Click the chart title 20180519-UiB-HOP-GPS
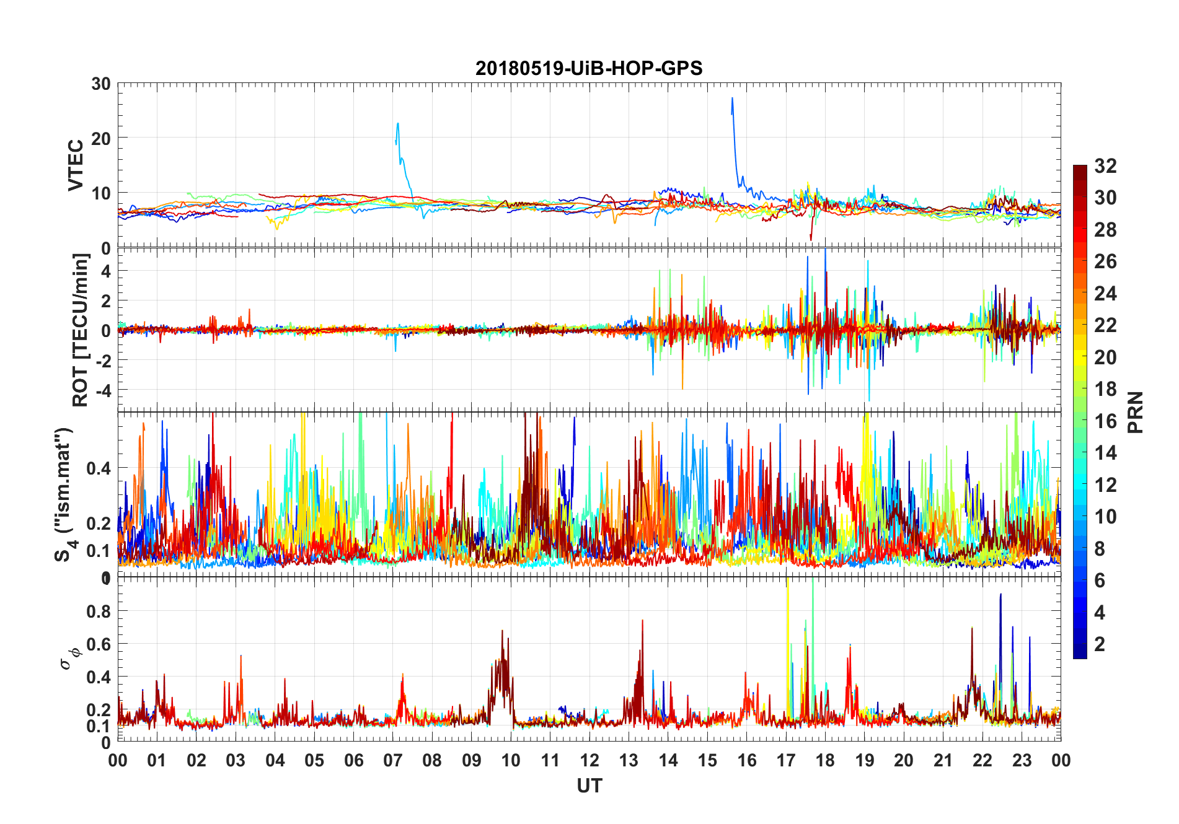click(589, 68)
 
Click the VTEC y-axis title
click(76, 165)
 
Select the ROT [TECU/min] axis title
click(81, 330)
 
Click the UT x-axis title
click(589, 786)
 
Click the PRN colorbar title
click(1135, 412)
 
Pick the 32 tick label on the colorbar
click(1105, 166)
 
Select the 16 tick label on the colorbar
click(1105, 421)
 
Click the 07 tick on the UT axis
click(392, 761)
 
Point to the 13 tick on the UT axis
click(629, 761)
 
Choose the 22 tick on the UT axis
click(982, 761)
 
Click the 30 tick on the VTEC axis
click(101, 84)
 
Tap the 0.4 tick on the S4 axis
click(99, 468)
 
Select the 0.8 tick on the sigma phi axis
click(99, 611)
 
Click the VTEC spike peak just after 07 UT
click(398, 123)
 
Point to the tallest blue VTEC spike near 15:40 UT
click(732, 98)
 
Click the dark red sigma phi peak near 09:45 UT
click(502, 631)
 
